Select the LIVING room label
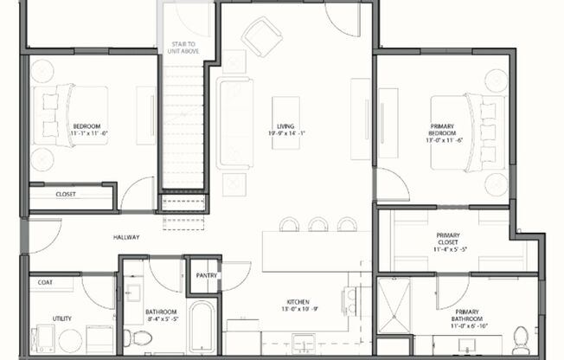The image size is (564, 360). click(285, 130)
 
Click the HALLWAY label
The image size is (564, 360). click(126, 237)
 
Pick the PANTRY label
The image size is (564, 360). click(206, 276)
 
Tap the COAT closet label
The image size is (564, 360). click(43, 283)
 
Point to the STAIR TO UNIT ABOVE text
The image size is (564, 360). click(180, 47)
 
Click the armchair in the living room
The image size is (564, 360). click(261, 36)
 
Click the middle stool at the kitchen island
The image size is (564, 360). click(317, 224)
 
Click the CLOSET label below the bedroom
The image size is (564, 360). click(66, 195)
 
